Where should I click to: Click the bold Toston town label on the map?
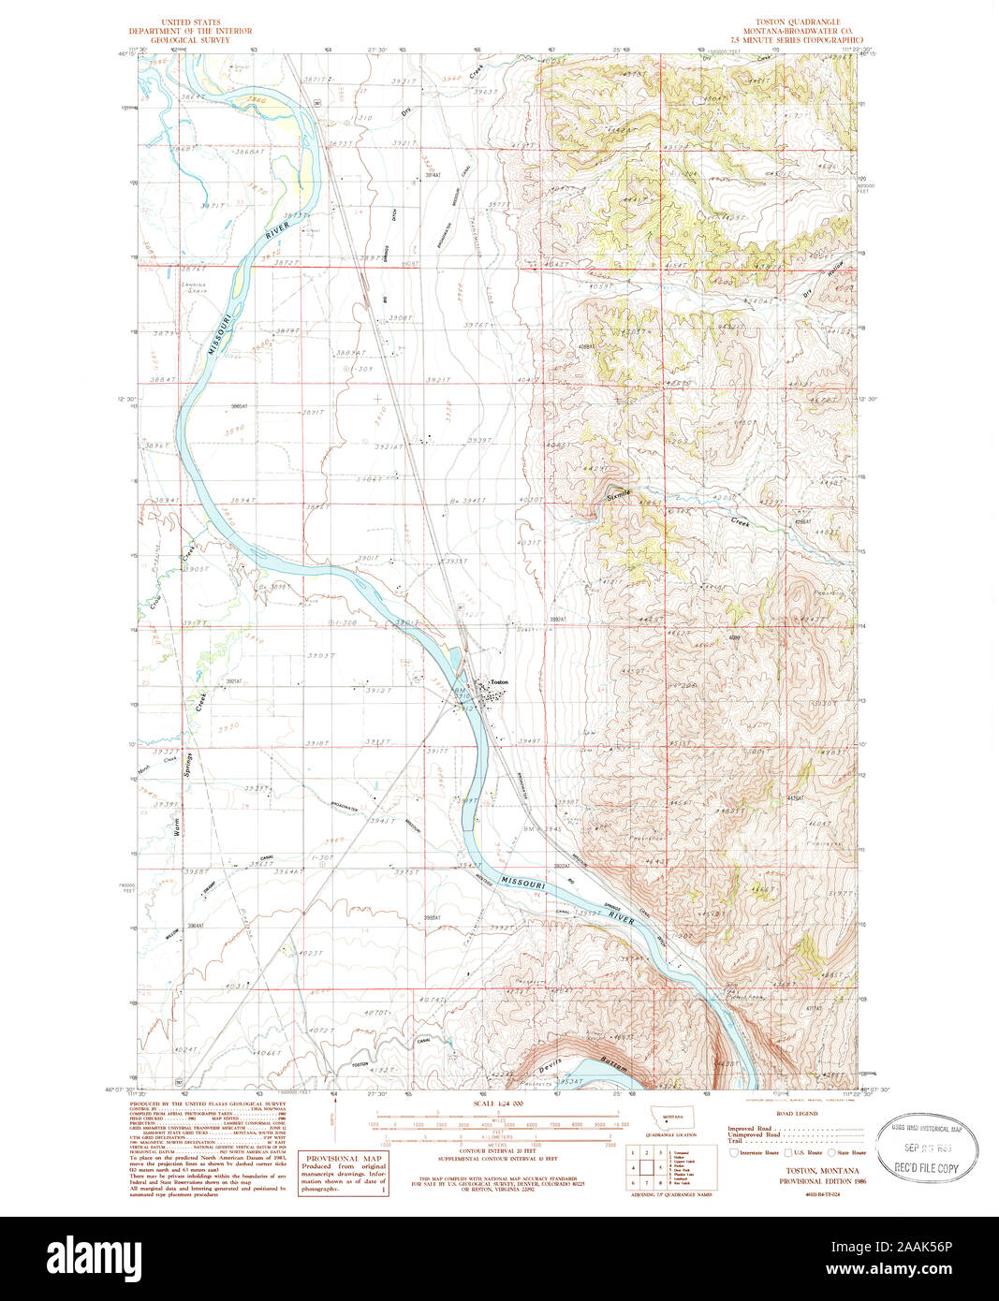499,682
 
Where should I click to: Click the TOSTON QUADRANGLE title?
799,21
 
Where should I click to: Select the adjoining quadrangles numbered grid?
646,1167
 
